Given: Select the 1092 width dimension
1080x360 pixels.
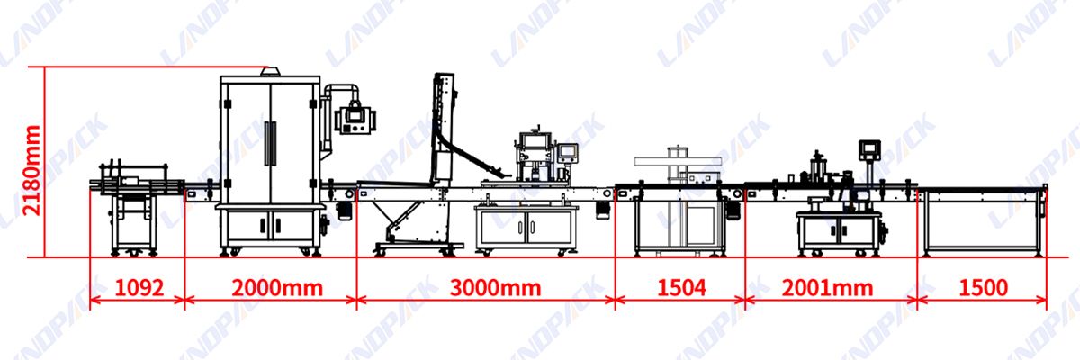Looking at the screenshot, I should click(x=139, y=287).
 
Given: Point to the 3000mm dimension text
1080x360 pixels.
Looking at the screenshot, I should click(x=487, y=287).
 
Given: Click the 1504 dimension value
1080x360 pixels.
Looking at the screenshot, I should click(x=680, y=287).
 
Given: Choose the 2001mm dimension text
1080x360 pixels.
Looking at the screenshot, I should click(x=828, y=287).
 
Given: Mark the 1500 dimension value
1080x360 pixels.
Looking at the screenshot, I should click(x=982, y=287).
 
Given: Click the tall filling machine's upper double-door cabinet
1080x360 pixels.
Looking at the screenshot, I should click(x=269, y=139).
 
